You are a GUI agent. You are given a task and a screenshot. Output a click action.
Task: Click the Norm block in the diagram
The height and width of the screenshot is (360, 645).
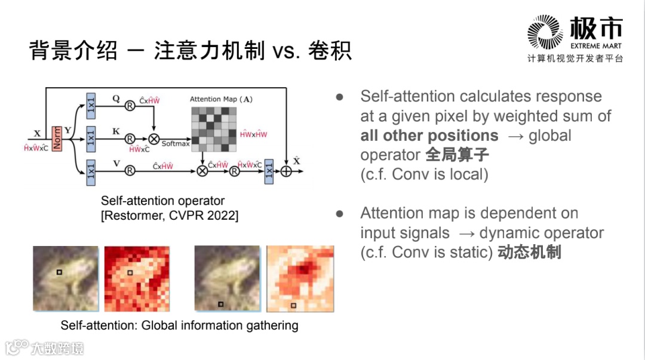tap(57, 139)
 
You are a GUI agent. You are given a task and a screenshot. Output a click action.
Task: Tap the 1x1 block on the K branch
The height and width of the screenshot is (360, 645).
tap(91, 139)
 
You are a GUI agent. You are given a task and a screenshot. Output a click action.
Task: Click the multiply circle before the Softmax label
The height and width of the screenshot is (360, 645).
tap(154, 139)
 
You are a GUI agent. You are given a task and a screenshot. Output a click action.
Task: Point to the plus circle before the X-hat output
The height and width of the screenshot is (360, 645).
tap(286, 171)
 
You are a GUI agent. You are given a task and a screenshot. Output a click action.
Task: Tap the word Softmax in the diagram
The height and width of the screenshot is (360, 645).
tap(175, 143)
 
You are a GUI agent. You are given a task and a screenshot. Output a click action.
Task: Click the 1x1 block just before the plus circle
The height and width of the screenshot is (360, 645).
tap(269, 171)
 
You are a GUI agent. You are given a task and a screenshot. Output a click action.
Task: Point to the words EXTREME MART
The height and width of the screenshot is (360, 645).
tap(595, 46)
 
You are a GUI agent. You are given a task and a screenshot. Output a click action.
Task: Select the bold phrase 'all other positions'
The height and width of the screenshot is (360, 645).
tap(429, 136)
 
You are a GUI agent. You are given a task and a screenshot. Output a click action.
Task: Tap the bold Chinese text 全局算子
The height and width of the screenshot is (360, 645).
tap(457, 155)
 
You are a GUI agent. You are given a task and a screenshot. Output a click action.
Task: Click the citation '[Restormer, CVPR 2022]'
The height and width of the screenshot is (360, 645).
tap(169, 216)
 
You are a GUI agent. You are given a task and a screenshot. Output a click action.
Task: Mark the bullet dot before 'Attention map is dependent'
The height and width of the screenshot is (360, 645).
tap(340, 213)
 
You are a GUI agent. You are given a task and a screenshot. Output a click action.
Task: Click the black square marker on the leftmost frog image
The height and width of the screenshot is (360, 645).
tap(59, 273)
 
